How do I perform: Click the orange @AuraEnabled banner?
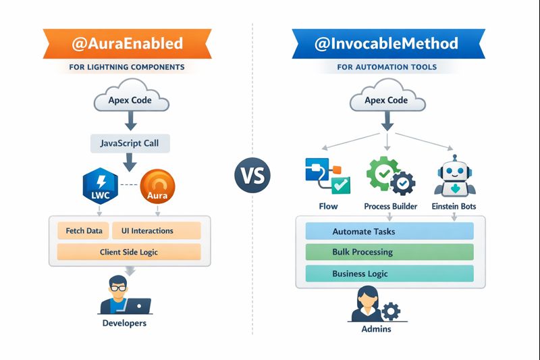click(x=127, y=44)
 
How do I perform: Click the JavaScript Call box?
click(x=130, y=143)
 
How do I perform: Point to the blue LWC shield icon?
click(x=100, y=187)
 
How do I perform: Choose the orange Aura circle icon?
click(x=157, y=187)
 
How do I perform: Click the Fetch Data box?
click(x=84, y=231)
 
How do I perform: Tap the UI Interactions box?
click(x=156, y=231)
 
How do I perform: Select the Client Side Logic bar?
click(x=129, y=252)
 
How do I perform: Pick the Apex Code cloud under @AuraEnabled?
click(x=130, y=101)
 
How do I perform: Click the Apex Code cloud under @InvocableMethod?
click(x=386, y=101)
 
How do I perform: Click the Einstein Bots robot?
click(x=454, y=175)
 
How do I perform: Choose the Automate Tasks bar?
click(x=389, y=232)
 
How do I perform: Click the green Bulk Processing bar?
click(x=389, y=253)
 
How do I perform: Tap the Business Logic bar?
click(x=389, y=274)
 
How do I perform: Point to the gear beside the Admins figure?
click(x=391, y=311)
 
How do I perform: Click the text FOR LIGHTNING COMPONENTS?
click(x=127, y=68)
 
